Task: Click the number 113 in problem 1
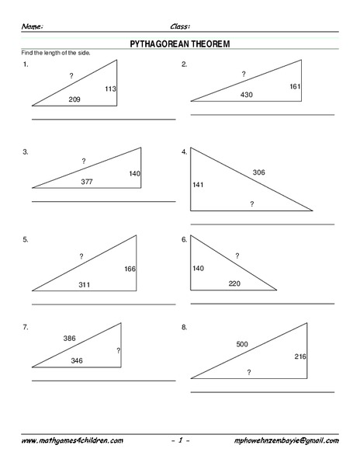coord(110,89)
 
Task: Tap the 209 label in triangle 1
coord(74,99)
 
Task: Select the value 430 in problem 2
coord(247,95)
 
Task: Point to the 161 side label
coord(295,86)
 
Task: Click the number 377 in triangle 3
coord(87,182)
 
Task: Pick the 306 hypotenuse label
coord(258,172)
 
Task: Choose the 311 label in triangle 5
coord(85,285)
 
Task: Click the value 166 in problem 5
coord(130,269)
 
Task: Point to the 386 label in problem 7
coord(70,339)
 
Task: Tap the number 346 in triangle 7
coord(77,361)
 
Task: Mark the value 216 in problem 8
coord(301,356)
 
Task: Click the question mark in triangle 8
coord(249,373)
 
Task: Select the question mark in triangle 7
coord(118,351)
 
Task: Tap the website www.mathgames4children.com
coord(72,440)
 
